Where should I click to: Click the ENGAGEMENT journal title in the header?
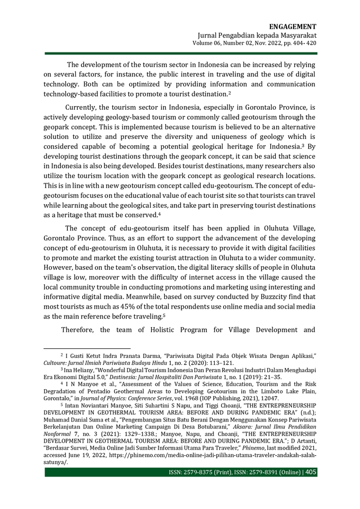pos(293,27)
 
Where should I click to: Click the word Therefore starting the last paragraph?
pos(80,330)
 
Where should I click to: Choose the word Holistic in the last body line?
pos(166,330)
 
